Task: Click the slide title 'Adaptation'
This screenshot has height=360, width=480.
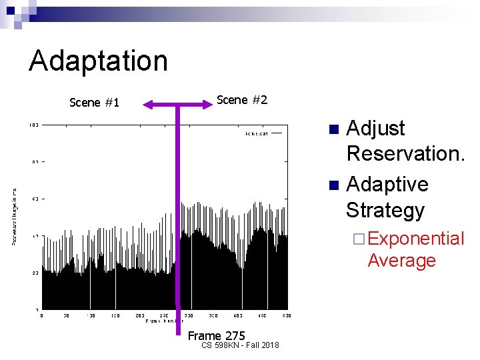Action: click(98, 61)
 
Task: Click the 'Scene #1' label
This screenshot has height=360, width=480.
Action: click(94, 102)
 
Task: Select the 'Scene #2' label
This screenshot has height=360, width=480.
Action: click(242, 100)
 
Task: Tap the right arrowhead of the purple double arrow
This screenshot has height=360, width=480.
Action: click(207, 104)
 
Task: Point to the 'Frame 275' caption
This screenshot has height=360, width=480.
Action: click(217, 335)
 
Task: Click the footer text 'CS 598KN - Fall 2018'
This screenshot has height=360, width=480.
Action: click(240, 345)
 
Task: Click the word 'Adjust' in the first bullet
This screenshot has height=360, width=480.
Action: click(376, 128)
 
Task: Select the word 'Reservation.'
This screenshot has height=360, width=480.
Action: click(405, 154)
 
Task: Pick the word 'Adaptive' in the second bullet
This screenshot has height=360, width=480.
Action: click(387, 183)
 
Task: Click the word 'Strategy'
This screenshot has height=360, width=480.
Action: click(385, 210)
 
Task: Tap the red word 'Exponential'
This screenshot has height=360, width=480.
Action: click(415, 239)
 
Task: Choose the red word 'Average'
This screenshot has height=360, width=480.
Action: click(401, 260)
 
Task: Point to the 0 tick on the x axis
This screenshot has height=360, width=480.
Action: click(43, 315)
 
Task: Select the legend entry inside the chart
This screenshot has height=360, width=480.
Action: click(263, 133)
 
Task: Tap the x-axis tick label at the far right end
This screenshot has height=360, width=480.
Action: click(287, 315)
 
